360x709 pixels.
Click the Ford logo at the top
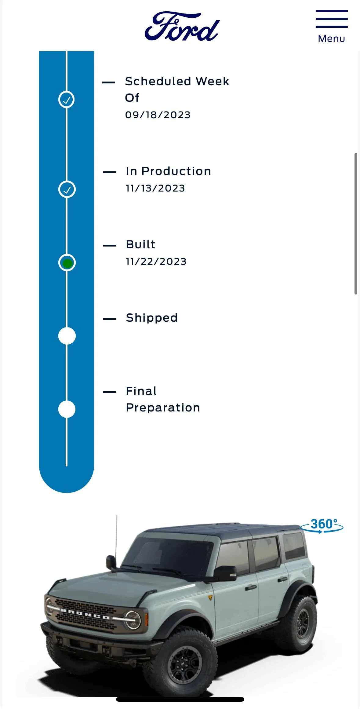pyautogui.click(x=182, y=27)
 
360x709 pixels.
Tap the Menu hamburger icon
pyautogui.click(x=332, y=19)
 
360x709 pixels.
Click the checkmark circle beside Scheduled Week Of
pyautogui.click(x=67, y=99)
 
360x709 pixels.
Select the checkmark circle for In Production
pyautogui.click(x=67, y=189)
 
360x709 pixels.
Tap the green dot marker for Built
pyautogui.click(x=67, y=263)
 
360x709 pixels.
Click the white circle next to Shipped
pyautogui.click(x=67, y=336)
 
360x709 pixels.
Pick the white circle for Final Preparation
pyautogui.click(x=67, y=409)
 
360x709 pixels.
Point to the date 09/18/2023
pyautogui.click(x=158, y=115)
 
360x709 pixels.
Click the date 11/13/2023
pyautogui.click(x=155, y=188)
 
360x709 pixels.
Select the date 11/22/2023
pyautogui.click(x=156, y=261)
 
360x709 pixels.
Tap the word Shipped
pyautogui.click(x=152, y=318)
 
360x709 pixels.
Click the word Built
pyautogui.click(x=140, y=244)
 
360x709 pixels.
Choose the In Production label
pyautogui.click(x=169, y=171)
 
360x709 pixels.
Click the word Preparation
pyautogui.click(x=163, y=408)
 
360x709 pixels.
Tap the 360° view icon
pyautogui.click(x=322, y=525)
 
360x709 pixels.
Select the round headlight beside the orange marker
pyautogui.click(x=133, y=620)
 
